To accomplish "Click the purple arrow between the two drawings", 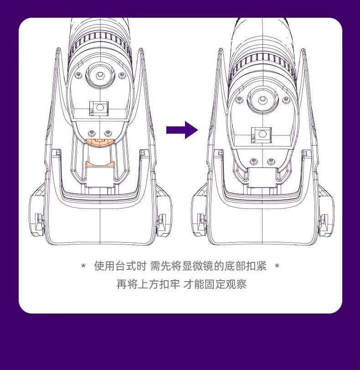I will (182, 130).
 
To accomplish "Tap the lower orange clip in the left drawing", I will (100, 164).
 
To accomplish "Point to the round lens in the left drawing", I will (100, 74).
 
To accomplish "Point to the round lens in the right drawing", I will (262, 100).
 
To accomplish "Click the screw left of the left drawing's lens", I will (78, 74).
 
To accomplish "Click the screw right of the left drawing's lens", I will (121, 74).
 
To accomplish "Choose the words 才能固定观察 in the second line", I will (215, 285).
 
